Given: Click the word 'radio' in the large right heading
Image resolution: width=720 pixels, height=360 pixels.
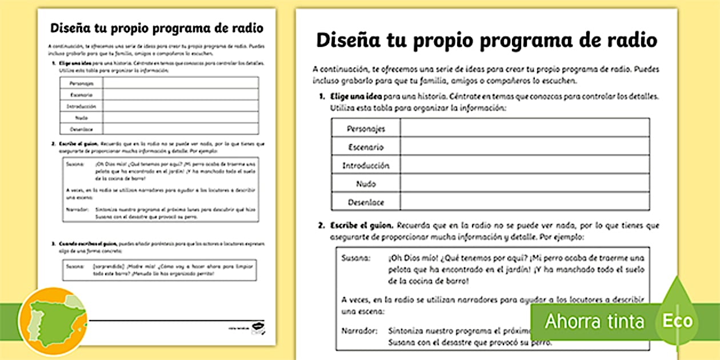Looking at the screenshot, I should coord(630,41).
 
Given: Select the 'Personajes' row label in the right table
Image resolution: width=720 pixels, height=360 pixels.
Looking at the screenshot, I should coord(366,129).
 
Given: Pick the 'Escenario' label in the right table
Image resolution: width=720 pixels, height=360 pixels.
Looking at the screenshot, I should coord(366,147).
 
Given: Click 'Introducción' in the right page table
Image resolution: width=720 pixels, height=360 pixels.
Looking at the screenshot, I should coord(366,166).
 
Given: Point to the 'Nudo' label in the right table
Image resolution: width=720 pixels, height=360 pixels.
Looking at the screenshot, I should coord(366,184).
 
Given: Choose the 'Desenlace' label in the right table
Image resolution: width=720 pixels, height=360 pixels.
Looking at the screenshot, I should coord(366,202).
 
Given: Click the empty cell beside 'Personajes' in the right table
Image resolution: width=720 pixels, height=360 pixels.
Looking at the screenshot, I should coord(525,128).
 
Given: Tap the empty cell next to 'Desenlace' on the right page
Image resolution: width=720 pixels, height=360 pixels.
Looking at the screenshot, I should coord(525,202).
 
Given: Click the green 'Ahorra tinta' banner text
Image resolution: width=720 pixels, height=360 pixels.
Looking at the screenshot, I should coord(594,321).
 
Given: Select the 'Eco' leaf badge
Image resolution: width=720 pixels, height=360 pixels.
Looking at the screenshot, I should coord(677,320).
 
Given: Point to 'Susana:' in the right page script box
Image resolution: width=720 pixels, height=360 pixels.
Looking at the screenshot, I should coord(355,258).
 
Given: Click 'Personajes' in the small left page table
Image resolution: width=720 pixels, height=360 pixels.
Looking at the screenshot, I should coord(81,83).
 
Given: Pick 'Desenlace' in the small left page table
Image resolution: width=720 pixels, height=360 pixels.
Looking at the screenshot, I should coord(81,129).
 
